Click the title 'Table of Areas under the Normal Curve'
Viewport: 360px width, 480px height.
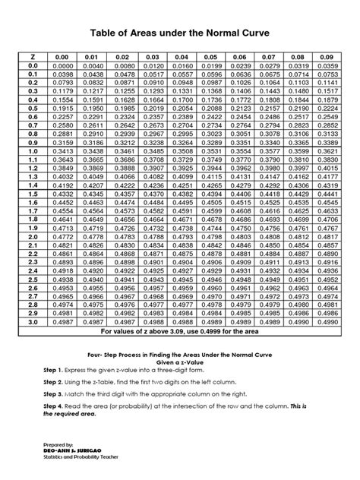[179, 34]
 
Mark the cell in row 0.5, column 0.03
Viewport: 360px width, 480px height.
[146, 109]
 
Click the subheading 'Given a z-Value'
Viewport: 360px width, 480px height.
[179, 360]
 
